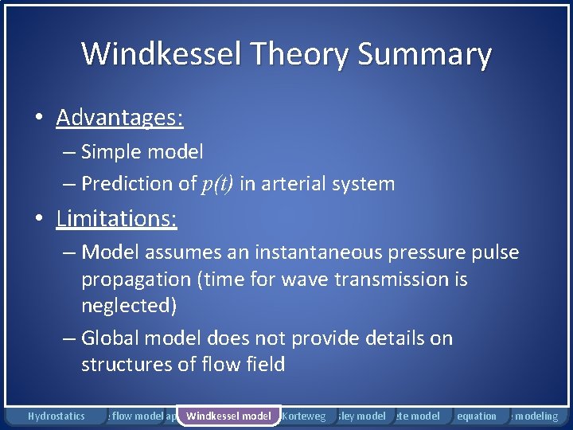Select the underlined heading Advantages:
pyautogui.click(x=119, y=118)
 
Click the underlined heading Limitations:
pyautogui.click(x=116, y=219)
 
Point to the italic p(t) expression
pyautogui.click(x=217, y=184)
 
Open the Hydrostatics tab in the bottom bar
pyautogui.click(x=56, y=416)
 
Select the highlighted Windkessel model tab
pyautogui.click(x=228, y=416)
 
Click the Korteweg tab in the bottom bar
pyautogui.click(x=304, y=416)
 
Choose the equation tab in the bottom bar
pyautogui.click(x=477, y=416)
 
